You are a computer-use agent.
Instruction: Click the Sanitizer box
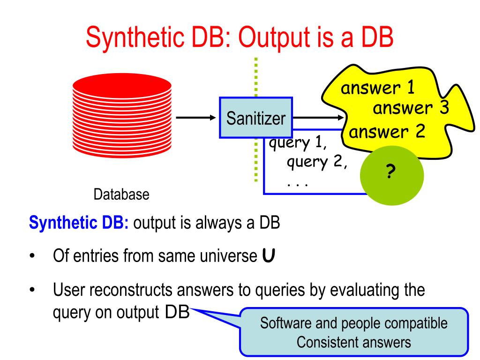point(255,117)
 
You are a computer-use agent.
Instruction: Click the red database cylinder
point(122,117)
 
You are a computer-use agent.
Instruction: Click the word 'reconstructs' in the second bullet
point(133,291)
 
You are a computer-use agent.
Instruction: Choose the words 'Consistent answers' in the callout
point(355,342)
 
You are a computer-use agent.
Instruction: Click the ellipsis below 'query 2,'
point(296,184)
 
